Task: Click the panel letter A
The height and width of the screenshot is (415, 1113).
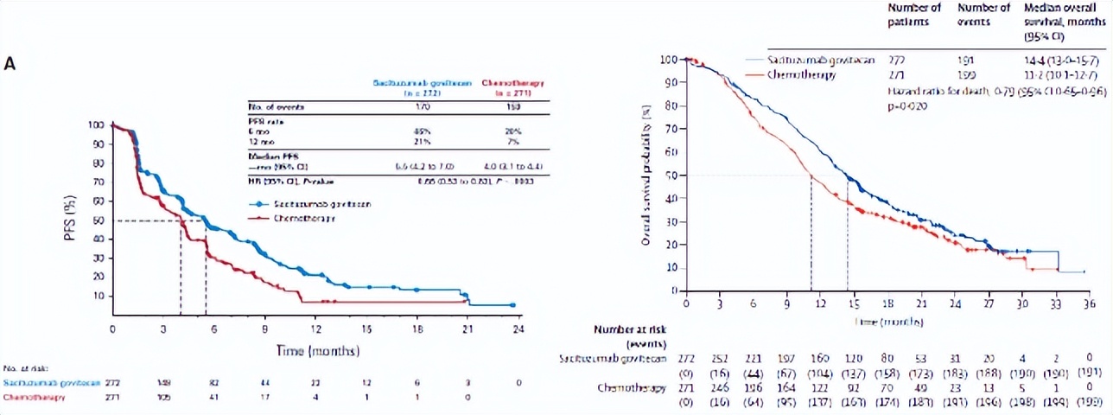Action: tap(10, 65)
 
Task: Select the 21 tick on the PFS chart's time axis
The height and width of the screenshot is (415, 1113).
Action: tap(467, 329)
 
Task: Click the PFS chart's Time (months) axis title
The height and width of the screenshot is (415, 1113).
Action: tap(316, 351)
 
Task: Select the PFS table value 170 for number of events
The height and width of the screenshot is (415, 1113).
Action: tap(422, 107)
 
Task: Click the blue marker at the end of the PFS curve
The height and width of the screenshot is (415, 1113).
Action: tap(513, 305)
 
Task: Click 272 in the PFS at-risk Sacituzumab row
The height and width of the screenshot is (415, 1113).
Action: tap(112, 381)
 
